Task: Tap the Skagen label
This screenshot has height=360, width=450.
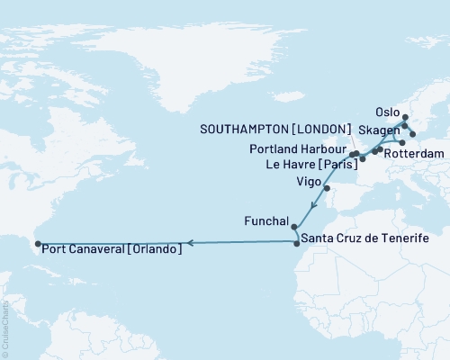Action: click(x=382, y=131)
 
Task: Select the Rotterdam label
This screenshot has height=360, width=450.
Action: click(x=414, y=154)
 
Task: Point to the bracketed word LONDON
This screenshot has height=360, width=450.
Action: click(x=327, y=130)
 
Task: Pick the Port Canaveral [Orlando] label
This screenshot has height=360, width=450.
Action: click(x=112, y=249)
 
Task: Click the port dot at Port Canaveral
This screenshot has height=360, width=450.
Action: click(x=37, y=243)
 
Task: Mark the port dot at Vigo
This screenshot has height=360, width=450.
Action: click(x=327, y=188)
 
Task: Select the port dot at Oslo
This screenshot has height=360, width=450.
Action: click(x=405, y=117)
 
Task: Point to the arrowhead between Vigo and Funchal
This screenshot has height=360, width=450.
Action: click(x=311, y=209)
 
